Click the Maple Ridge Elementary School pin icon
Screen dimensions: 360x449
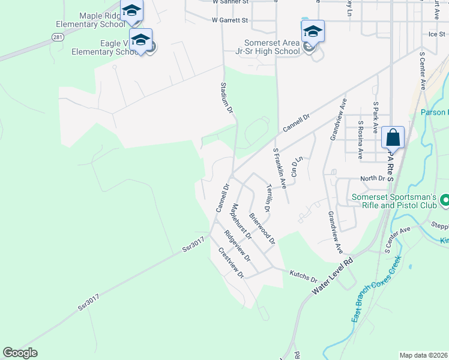pyautogui.click(x=131, y=11)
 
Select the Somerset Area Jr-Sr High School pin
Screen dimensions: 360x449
pyautogui.click(x=313, y=32)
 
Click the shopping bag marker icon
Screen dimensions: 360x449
pyautogui.click(x=393, y=137)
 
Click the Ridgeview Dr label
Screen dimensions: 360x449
pyautogui.click(x=237, y=246)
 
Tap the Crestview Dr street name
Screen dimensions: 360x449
pyautogui.click(x=231, y=263)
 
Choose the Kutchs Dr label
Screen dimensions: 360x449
pyautogui.click(x=303, y=278)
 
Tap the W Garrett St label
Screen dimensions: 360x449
pyautogui.click(x=230, y=20)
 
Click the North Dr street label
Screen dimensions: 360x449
pyautogui.click(x=372, y=178)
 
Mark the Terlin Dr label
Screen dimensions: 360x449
pyautogui.click(x=268, y=196)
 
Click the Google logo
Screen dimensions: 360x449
pyautogui.click(x=20, y=353)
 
